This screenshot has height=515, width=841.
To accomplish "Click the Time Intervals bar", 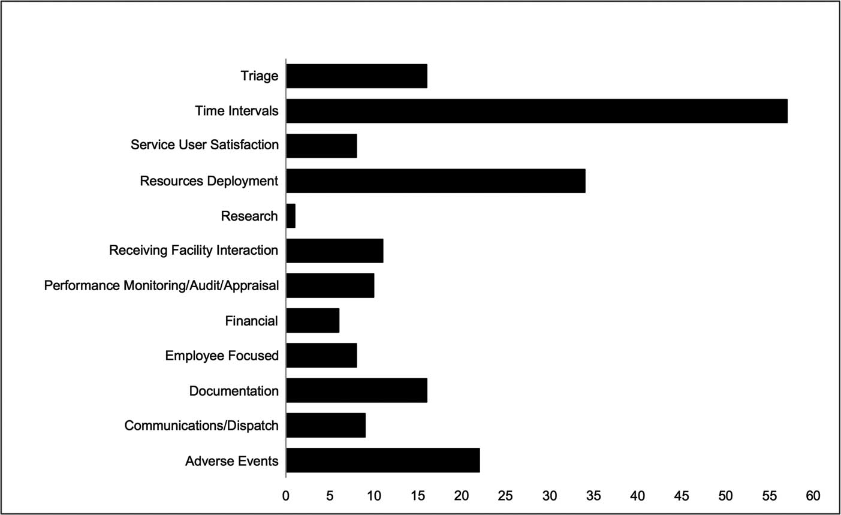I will click(x=536, y=111).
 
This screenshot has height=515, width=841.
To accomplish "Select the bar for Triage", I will click(x=357, y=76).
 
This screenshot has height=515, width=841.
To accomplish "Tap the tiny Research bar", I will click(x=291, y=216).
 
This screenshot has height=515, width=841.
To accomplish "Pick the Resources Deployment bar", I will click(x=436, y=181).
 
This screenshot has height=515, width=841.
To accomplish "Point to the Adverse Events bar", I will click(x=383, y=460).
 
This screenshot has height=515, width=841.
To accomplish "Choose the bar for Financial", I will click(x=313, y=321).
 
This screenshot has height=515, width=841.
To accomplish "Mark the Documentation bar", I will click(x=357, y=391).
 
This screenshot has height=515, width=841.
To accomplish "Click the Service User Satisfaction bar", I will click(x=322, y=146).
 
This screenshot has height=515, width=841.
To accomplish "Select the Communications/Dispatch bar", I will click(x=326, y=426).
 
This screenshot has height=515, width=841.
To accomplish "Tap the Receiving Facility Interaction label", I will click(x=194, y=251).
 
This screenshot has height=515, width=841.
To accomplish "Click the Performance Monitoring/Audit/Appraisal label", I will click(x=161, y=285).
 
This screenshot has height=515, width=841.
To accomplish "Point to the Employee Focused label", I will click(x=222, y=356).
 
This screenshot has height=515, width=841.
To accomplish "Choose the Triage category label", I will click(x=260, y=76).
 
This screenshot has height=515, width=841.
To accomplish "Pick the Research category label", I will click(x=249, y=216).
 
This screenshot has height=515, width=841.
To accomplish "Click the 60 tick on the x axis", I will click(x=813, y=496).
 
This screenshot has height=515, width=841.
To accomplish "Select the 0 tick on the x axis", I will click(x=286, y=496).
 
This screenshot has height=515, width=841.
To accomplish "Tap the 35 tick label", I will click(x=593, y=496).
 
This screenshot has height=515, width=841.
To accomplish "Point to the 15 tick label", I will click(x=418, y=496).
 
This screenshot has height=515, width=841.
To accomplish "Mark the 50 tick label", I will click(x=725, y=496).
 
